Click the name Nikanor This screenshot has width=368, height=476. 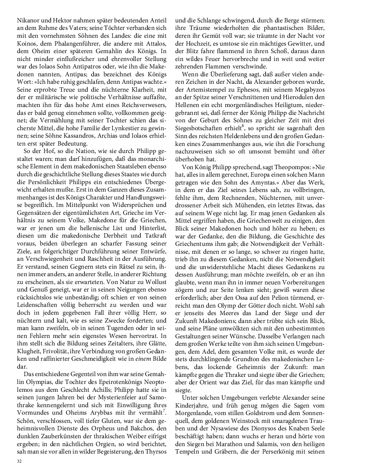pyautogui.click(x=28, y=20)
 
